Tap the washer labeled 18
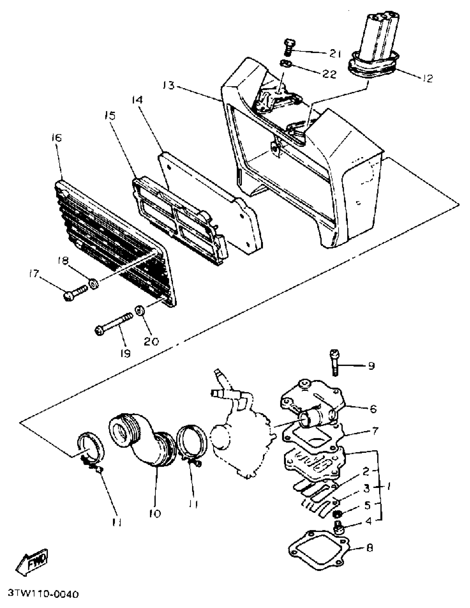[x=93, y=284]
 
